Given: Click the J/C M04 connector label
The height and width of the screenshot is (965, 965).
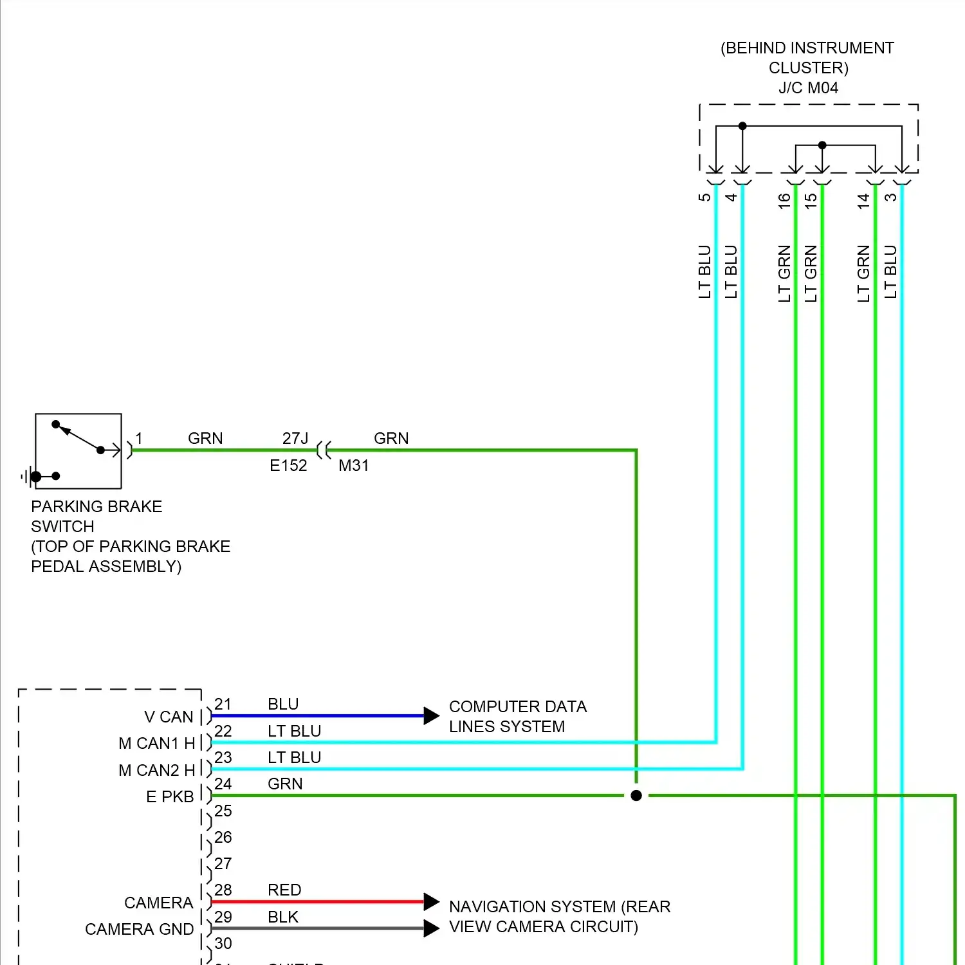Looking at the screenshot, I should point(808,87).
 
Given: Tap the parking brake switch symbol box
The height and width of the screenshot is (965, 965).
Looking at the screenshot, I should point(78,451).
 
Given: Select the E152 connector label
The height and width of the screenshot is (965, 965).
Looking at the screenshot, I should point(288,465).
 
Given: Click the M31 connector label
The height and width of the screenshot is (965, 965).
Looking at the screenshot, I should point(354,465).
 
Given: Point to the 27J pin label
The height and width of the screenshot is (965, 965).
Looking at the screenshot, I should point(295,438).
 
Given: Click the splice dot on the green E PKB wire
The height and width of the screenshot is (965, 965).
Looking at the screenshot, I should point(636,796).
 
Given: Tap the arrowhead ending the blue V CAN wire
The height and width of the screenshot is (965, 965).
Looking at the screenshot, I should point(431,715).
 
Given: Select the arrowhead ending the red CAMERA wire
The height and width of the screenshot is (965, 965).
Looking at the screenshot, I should point(431,901).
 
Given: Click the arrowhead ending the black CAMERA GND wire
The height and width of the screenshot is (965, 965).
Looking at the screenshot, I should point(431,928).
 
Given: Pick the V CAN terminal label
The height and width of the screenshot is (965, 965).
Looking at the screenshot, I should point(169,717).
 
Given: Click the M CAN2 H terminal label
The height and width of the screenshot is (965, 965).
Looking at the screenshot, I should point(156,770).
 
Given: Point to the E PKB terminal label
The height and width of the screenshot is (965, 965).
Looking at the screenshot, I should point(170,796).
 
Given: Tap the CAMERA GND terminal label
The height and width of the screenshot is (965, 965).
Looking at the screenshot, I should point(139,929).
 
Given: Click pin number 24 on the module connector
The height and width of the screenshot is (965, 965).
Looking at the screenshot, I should point(223,784).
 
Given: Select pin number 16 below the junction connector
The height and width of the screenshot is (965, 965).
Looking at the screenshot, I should point(784,201).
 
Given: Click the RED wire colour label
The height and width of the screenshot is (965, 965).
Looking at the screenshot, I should point(284,890).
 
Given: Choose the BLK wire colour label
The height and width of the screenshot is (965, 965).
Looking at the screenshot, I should point(283,917).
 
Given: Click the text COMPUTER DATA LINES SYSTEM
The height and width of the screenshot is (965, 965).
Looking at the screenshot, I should point(517,716).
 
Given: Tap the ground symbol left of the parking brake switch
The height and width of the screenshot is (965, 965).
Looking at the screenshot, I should point(26,477).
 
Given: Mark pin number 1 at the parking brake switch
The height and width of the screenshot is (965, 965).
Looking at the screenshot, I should point(139,438).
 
